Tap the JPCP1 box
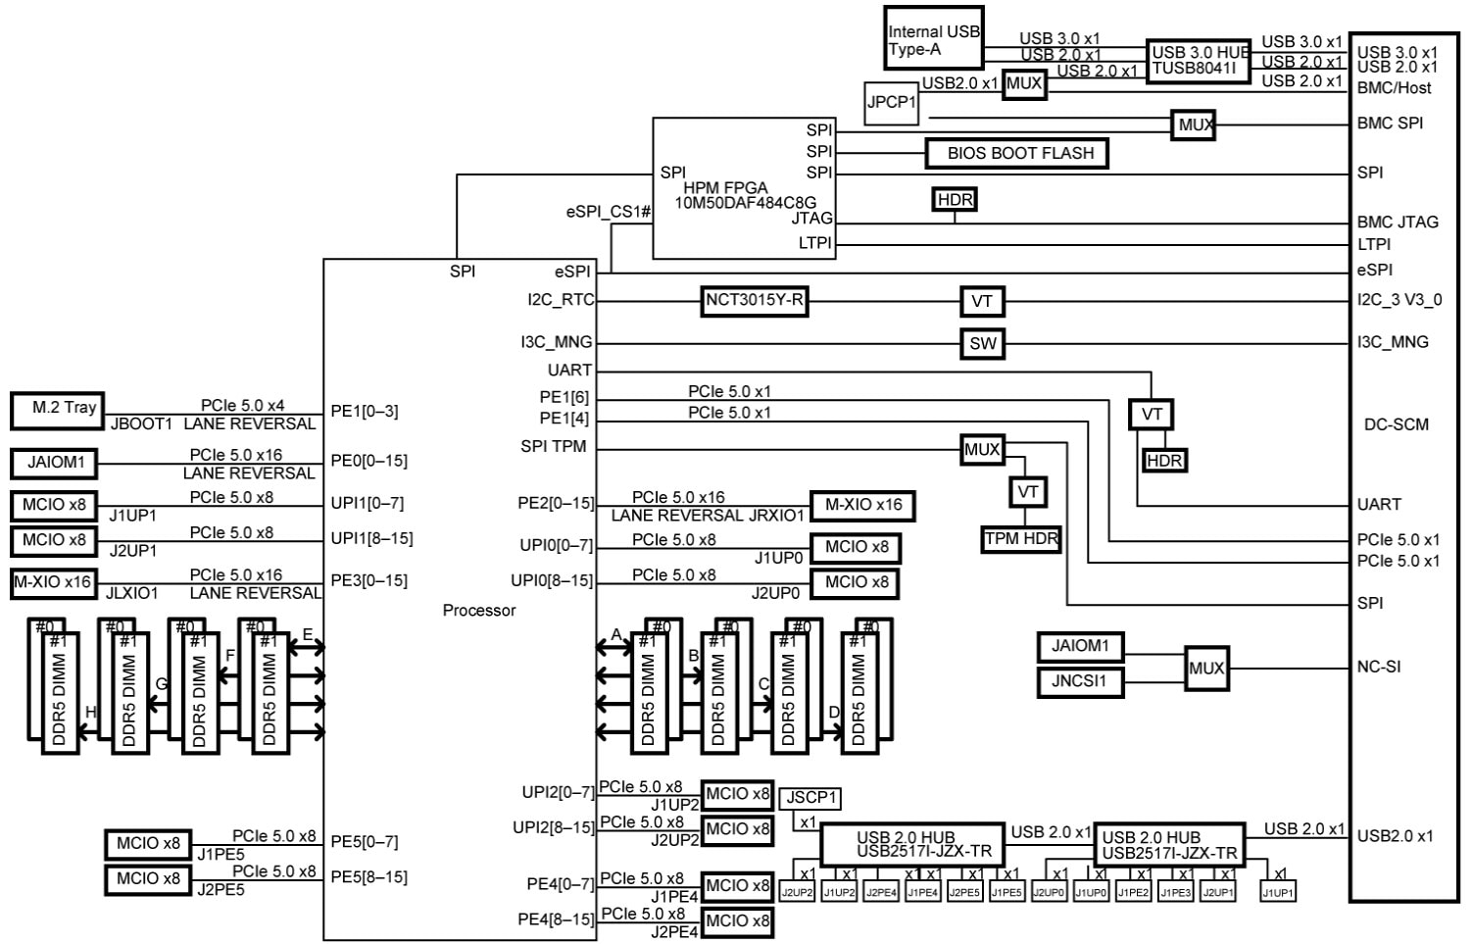tap(891, 102)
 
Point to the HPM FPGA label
tap(725, 188)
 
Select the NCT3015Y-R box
tap(755, 301)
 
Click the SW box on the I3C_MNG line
tap(982, 344)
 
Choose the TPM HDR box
tap(1021, 539)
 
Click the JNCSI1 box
tap(1080, 681)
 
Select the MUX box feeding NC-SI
tap(1205, 669)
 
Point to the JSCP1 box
tap(810, 798)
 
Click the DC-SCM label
tap(1396, 424)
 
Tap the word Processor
tap(478, 611)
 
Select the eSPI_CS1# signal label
tap(608, 212)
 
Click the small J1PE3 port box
tap(1175, 893)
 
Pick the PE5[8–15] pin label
tap(368, 877)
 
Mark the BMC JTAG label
tap(1398, 223)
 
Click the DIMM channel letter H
tap(91, 712)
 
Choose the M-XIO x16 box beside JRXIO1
tap(862, 506)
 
